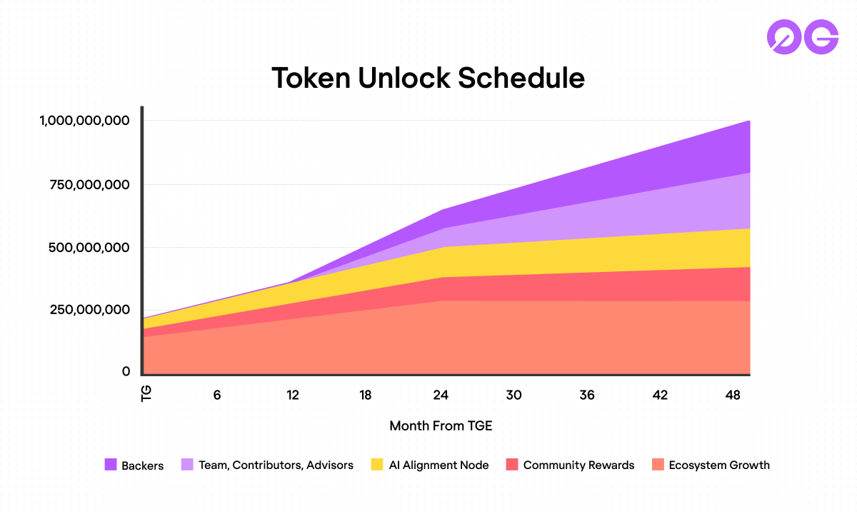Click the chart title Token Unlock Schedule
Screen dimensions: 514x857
pyautogui.click(x=428, y=78)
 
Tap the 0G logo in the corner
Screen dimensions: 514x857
pyautogui.click(x=802, y=36)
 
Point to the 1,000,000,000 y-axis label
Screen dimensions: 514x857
pyautogui.click(x=85, y=121)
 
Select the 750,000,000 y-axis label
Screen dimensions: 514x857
pyautogui.click(x=90, y=185)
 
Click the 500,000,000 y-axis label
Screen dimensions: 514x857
pyautogui.click(x=90, y=248)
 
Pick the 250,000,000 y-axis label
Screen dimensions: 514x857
pyautogui.click(x=90, y=310)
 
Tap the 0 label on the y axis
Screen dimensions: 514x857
pyautogui.click(x=126, y=371)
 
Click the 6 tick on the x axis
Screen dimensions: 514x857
pyautogui.click(x=217, y=395)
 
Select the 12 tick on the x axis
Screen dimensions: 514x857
pyautogui.click(x=291, y=395)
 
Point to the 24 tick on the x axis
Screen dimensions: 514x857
pyautogui.click(x=440, y=395)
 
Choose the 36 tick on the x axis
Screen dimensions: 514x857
pyautogui.click(x=587, y=395)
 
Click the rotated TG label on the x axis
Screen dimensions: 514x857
pyautogui.click(x=147, y=395)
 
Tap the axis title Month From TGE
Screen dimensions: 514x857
pyautogui.click(x=441, y=425)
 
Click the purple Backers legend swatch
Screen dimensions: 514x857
pyautogui.click(x=111, y=465)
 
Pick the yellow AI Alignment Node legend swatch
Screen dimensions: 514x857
pyautogui.click(x=378, y=465)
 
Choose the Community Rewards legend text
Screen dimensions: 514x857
pyautogui.click(x=578, y=465)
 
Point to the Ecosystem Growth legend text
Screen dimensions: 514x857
pyautogui.click(x=719, y=465)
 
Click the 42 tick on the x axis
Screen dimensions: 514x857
pyautogui.click(x=660, y=395)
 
